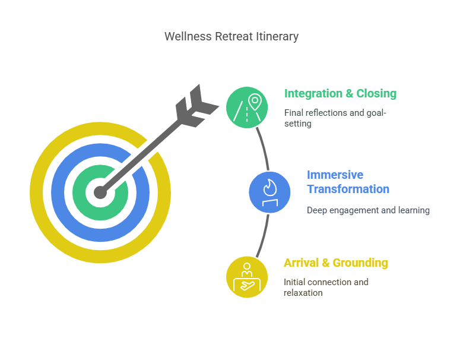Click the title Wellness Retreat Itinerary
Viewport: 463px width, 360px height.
click(231, 36)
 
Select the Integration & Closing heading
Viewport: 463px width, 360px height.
click(340, 93)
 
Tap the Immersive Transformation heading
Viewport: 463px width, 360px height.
click(348, 182)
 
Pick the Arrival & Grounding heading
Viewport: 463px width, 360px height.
click(335, 263)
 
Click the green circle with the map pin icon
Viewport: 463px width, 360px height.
click(248, 107)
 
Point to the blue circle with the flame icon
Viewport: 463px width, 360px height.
click(270, 191)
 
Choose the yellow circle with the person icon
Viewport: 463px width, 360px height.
click(247, 277)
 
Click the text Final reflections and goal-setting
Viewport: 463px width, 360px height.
click(335, 118)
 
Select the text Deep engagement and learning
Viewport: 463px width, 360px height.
click(368, 210)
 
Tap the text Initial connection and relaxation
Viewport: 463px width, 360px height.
click(326, 287)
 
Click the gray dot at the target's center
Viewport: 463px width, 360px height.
click(100, 192)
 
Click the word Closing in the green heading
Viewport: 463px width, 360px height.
click(376, 93)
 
